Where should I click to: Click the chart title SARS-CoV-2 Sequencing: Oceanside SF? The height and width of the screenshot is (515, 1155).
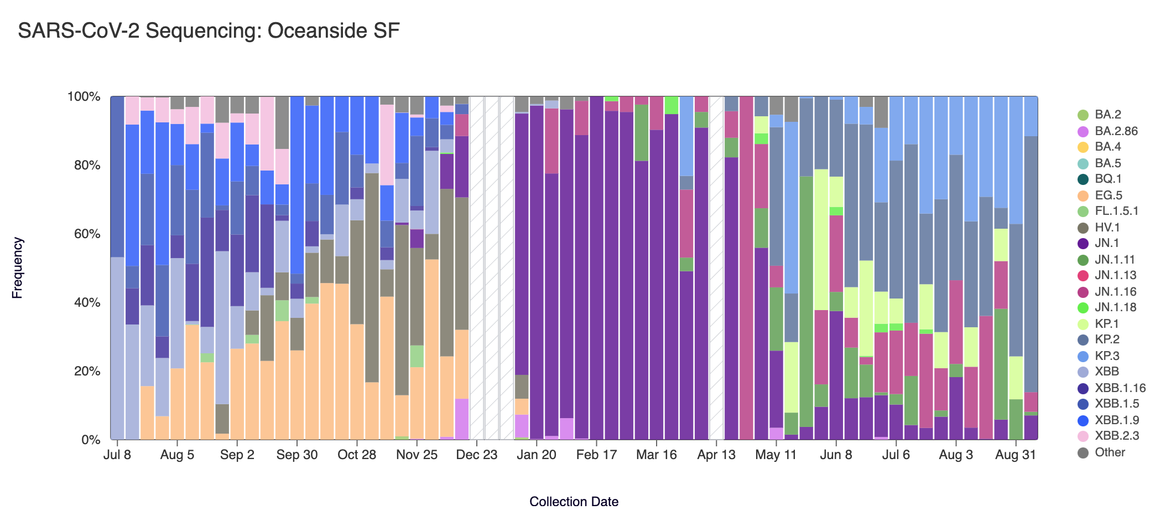(x=209, y=31)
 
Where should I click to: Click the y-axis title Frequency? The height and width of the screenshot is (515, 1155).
(x=18, y=268)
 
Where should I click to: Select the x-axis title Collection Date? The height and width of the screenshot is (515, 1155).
(x=574, y=502)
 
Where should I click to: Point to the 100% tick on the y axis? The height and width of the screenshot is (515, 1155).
(x=84, y=97)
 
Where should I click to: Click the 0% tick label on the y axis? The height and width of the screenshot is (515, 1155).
(x=90, y=440)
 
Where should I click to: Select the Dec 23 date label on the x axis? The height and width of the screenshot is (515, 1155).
(x=476, y=455)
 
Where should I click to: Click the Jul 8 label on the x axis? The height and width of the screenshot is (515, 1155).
(x=117, y=455)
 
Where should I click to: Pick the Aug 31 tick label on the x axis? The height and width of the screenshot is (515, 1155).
(x=1015, y=455)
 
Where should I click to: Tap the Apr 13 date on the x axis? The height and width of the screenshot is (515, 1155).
(x=716, y=455)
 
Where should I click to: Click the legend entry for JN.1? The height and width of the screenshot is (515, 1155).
(x=1106, y=243)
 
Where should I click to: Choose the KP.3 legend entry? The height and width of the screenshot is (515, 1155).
(x=1106, y=356)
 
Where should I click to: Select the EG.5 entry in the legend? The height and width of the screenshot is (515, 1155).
(x=1108, y=195)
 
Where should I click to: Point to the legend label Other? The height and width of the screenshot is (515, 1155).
(x=1110, y=452)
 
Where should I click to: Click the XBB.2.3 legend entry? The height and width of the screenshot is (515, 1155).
(x=1116, y=436)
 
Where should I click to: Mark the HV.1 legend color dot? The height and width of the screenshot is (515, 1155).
(x=1083, y=228)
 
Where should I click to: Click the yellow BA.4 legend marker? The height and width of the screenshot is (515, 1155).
(x=1083, y=147)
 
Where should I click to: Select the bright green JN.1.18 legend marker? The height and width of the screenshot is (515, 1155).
(x=1083, y=307)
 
